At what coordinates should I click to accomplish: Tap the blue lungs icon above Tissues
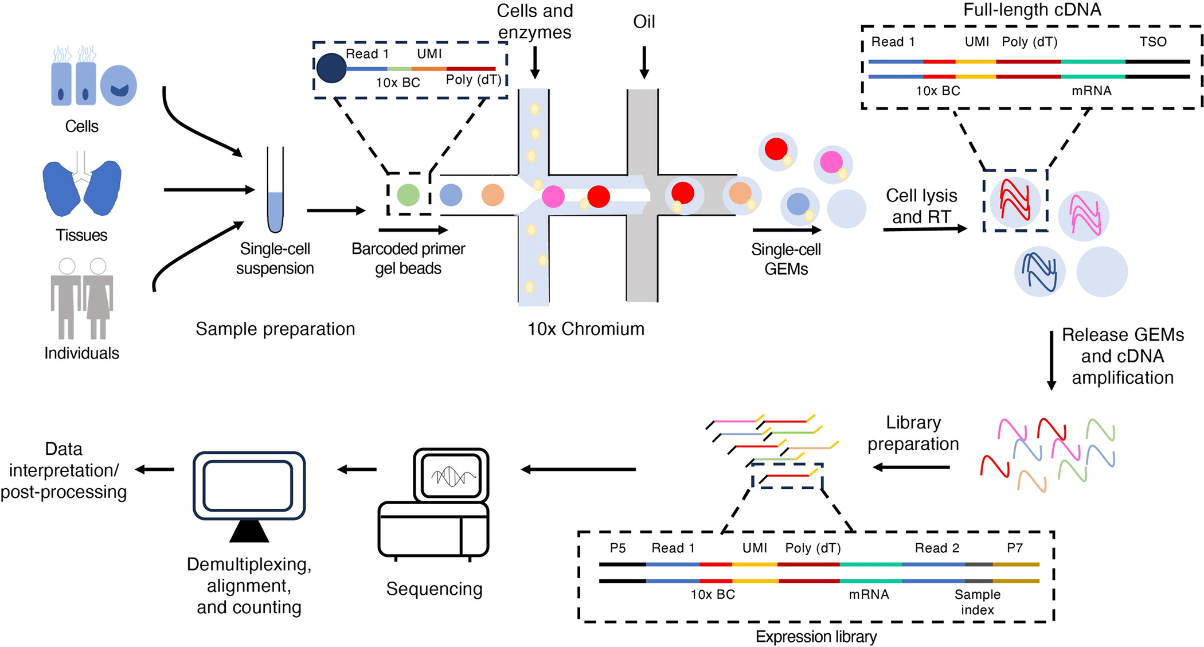[x=81, y=186]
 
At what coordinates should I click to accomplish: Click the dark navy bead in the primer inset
[x=331, y=68]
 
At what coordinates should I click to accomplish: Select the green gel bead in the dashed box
[x=408, y=194]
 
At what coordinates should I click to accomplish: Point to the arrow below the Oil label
[x=644, y=62]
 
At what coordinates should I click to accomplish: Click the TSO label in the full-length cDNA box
[x=1152, y=42]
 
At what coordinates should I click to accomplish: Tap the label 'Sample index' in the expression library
[x=977, y=602]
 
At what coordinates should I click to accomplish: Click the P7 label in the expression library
[x=1014, y=548]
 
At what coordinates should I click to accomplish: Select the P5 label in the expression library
[x=617, y=548]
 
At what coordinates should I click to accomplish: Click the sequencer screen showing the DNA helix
[x=451, y=475]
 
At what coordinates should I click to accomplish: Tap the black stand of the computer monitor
[x=249, y=532]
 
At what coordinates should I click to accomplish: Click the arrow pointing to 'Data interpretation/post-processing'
[x=155, y=470]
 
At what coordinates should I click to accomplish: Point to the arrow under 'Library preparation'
[x=911, y=467]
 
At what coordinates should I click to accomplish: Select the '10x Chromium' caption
[x=585, y=329]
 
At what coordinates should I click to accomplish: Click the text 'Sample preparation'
[x=275, y=329]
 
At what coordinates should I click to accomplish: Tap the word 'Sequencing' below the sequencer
[x=434, y=588]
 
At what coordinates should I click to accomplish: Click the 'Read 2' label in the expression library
[x=937, y=548]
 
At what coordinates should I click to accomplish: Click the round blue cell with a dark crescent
[x=119, y=85]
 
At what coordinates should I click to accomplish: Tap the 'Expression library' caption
[x=816, y=637]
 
